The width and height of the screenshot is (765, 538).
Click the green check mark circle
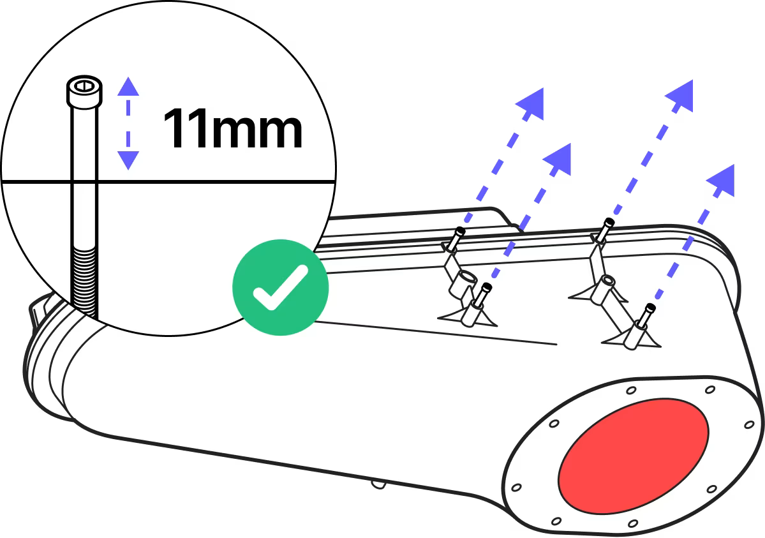[281, 287]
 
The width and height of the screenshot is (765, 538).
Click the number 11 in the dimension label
[186, 130]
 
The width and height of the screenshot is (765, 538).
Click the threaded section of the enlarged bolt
[85, 278]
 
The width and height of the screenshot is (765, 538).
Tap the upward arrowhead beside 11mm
[128, 86]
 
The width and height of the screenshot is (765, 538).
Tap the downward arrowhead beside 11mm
[128, 160]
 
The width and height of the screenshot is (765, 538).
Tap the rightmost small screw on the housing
[649, 312]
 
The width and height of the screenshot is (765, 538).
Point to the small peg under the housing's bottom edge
[379, 484]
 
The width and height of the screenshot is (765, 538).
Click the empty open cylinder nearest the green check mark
[466, 278]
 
